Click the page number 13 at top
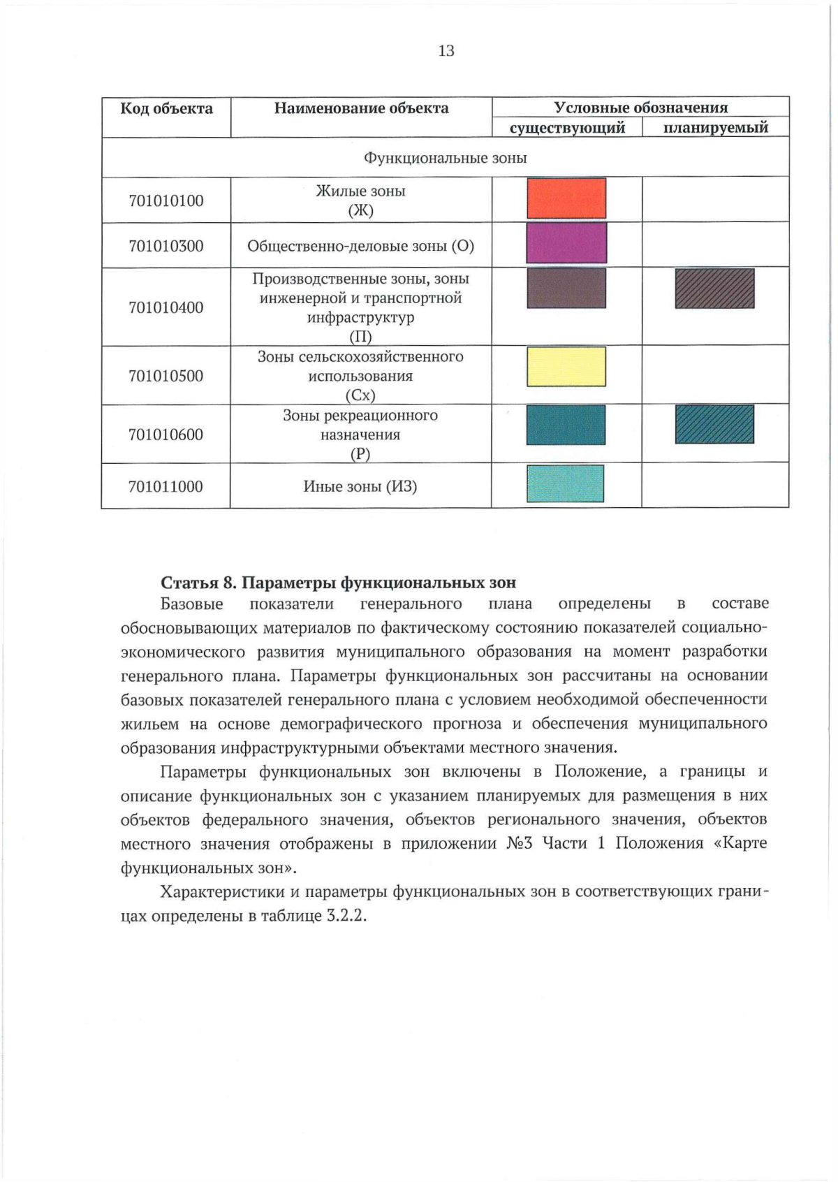pos(446,50)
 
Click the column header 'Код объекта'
pos(166,108)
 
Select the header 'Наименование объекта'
pos(361,108)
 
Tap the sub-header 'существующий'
pos(567,128)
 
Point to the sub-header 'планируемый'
pos(715,128)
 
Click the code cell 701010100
pos(166,201)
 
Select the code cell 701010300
pos(166,246)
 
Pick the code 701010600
pos(166,435)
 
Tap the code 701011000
pos(166,486)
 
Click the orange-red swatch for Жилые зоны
pos(566,198)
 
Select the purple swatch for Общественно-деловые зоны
pos(566,242)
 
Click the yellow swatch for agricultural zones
pos(566,367)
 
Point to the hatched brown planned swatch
pos(714,289)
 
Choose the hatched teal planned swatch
pos(714,425)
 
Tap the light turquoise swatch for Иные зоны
pos(565,483)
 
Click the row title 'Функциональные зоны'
pos(445,158)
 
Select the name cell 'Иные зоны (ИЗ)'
pos(360,486)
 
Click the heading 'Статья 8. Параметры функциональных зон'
pos(339,583)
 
